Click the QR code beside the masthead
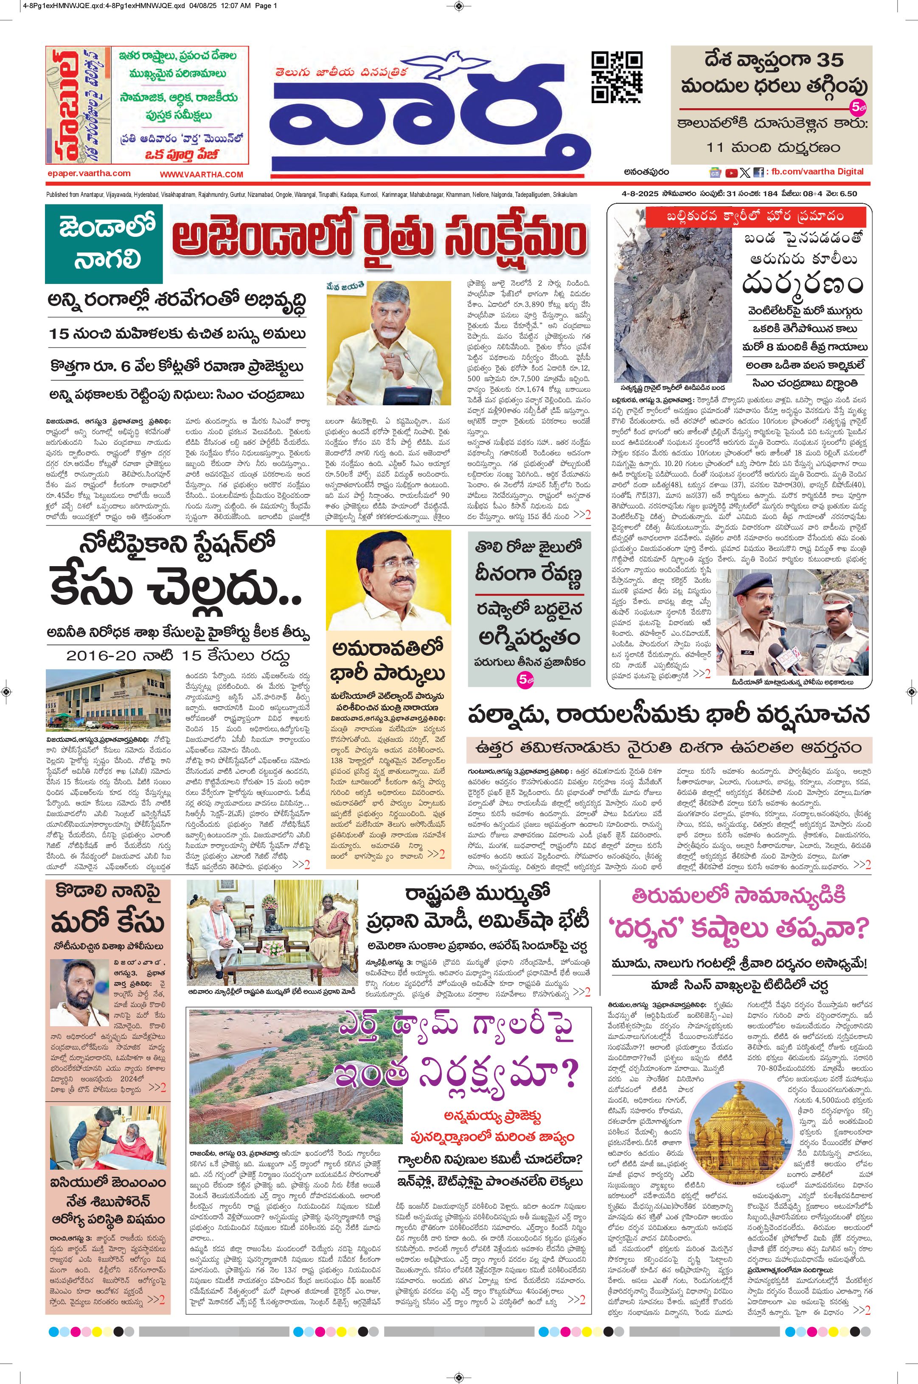pos(617,77)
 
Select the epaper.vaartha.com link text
pos(89,173)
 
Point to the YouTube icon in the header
pos(731,173)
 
